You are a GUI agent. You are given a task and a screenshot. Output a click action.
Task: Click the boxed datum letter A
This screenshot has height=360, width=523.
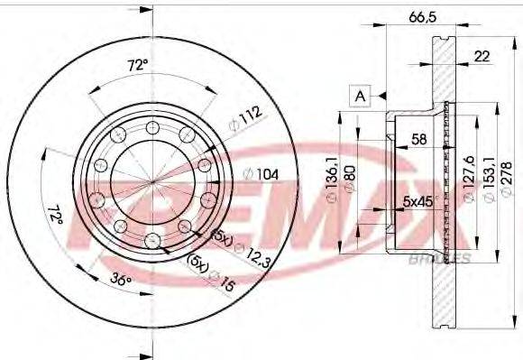(361, 93)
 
